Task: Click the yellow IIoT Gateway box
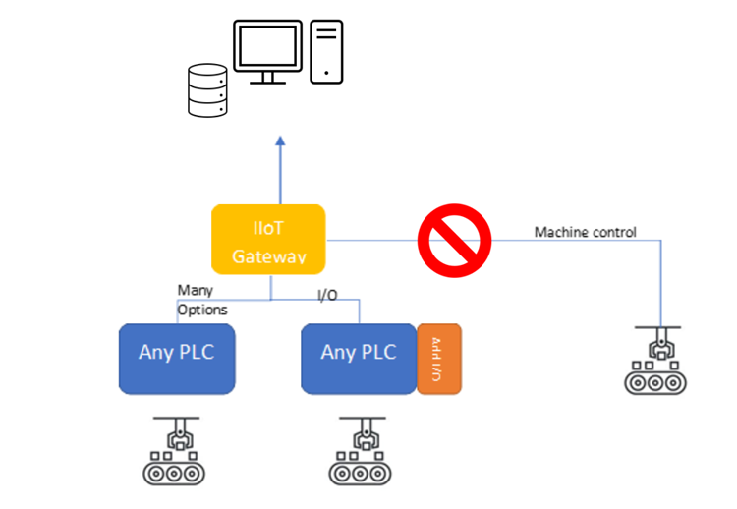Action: pyautogui.click(x=268, y=239)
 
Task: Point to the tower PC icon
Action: pyautogui.click(x=326, y=51)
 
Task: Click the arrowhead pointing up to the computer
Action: pyautogui.click(x=278, y=141)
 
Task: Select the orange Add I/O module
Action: pyautogui.click(x=438, y=359)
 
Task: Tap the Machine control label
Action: pyautogui.click(x=585, y=233)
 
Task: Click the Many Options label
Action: pyautogui.click(x=201, y=300)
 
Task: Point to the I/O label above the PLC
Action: pyautogui.click(x=328, y=295)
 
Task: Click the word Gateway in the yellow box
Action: pyautogui.click(x=268, y=257)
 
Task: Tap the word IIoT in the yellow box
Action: pyautogui.click(x=268, y=229)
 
